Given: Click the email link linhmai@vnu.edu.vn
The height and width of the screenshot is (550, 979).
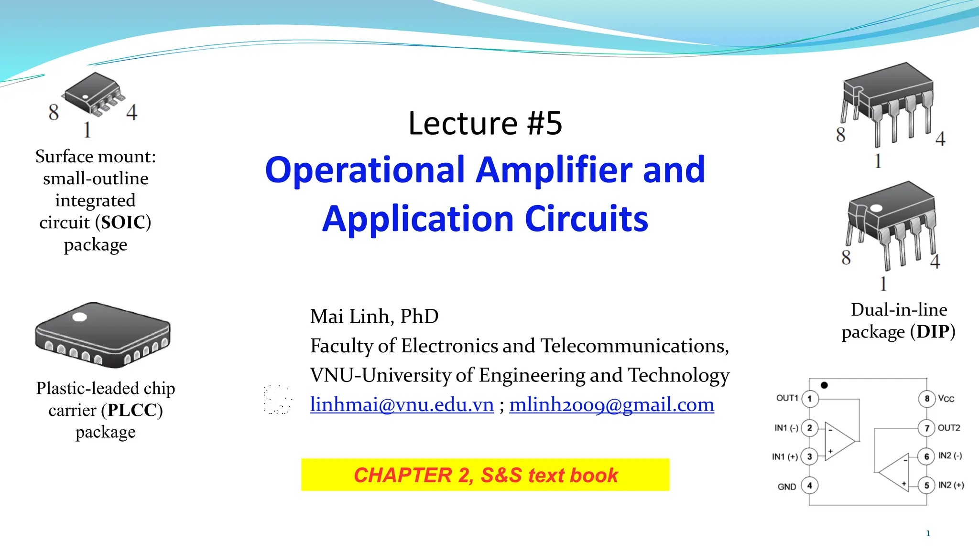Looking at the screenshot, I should tap(402, 405).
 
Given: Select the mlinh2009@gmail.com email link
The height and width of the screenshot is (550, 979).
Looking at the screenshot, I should tap(611, 405).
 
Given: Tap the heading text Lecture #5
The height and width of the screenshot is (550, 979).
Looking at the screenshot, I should tap(485, 123).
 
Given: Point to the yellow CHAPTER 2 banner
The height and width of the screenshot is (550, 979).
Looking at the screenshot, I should tap(485, 475).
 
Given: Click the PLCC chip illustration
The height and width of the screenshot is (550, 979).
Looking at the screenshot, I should tap(103, 334).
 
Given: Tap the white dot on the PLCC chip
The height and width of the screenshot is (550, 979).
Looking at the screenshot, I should tap(79, 317).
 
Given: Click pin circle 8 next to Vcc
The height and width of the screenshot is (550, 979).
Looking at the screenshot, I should tap(926, 399).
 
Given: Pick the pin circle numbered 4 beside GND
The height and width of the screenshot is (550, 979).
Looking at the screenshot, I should tap(810, 486).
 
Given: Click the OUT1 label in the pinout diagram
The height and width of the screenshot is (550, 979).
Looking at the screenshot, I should tap(787, 398).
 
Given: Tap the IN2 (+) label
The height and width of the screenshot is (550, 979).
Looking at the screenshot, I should tap(951, 485).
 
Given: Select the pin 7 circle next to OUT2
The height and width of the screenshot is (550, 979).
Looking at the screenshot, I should tap(926, 428).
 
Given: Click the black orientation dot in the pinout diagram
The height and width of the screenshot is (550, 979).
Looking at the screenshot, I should tap(824, 385).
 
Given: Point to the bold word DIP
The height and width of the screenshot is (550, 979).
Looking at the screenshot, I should tap(932, 332).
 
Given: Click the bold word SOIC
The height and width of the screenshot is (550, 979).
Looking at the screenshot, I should tap(123, 222).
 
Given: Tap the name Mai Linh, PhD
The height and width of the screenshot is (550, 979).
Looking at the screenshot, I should tap(374, 317).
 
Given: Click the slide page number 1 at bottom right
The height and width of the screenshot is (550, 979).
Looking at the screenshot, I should tap(928, 533).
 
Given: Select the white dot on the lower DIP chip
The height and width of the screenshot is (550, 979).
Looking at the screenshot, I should tap(876, 208).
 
